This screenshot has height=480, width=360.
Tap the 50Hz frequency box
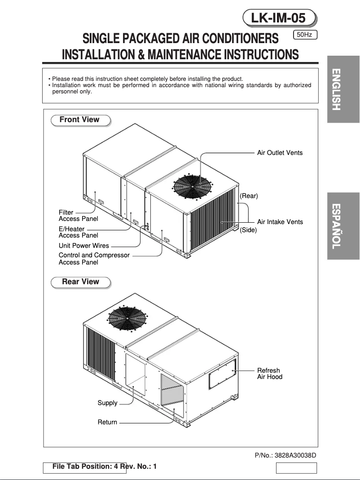click(305, 35)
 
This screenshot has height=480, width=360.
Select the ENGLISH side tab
click(343, 89)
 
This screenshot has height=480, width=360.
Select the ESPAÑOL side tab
click(343, 226)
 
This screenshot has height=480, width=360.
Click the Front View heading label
click(79, 120)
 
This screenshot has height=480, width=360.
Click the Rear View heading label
click(80, 282)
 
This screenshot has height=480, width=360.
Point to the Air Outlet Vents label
click(280, 153)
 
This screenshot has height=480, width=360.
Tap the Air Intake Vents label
click(280, 222)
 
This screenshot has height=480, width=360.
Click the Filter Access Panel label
click(78, 216)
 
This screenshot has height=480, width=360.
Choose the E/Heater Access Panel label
click(78, 232)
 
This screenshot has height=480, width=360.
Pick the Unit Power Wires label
click(84, 246)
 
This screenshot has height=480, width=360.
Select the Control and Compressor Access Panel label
click(94, 259)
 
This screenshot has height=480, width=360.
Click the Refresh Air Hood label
click(269, 374)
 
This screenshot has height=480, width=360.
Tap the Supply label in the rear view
click(107, 403)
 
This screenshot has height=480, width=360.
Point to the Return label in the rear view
click(107, 422)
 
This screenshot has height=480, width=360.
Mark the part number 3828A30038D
click(285, 455)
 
